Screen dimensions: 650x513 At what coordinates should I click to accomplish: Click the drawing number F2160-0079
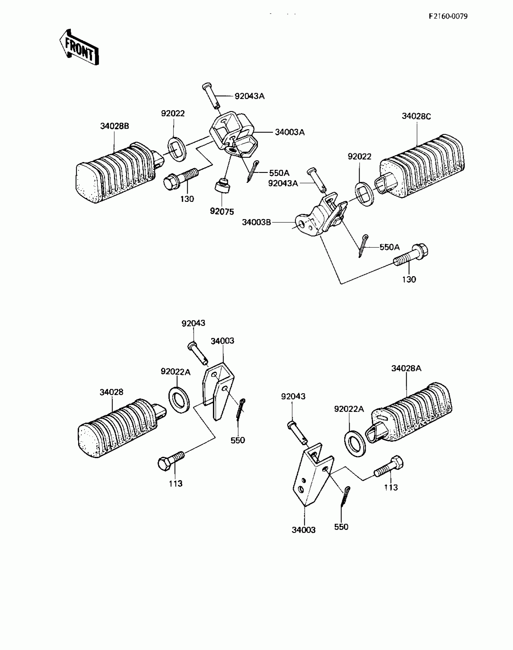448,16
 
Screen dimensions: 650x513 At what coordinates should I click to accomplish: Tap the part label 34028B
114,126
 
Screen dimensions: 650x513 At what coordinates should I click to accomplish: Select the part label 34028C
416,116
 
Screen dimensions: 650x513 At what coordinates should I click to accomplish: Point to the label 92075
222,212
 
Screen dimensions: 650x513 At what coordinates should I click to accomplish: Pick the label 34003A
289,132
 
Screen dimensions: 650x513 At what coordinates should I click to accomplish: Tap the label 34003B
256,222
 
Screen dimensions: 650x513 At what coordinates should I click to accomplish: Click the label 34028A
406,368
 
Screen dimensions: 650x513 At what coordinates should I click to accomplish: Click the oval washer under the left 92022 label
177,149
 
